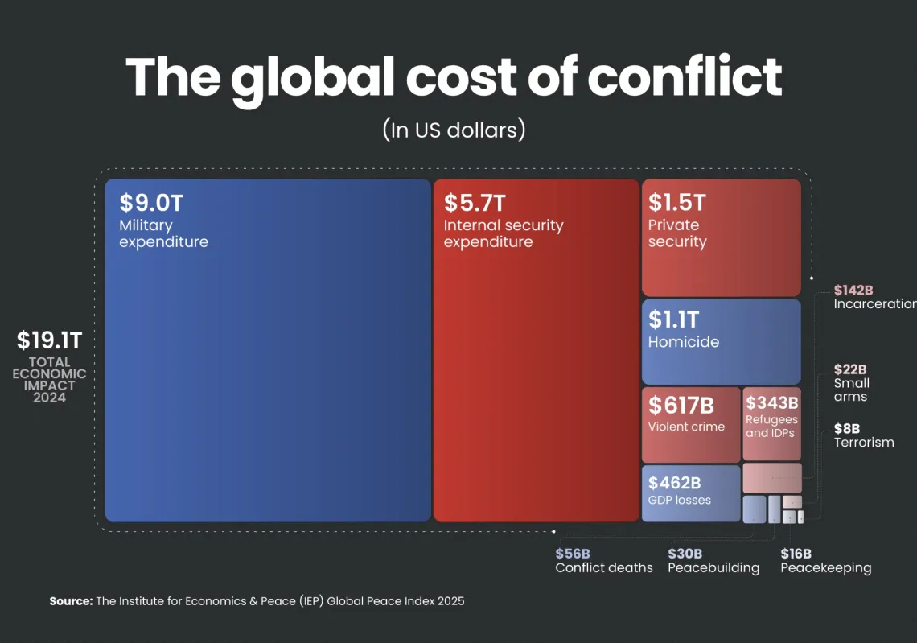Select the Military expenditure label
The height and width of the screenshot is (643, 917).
[x=163, y=233]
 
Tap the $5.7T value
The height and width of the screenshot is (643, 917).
[x=475, y=203]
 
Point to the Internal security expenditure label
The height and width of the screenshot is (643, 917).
[x=503, y=233]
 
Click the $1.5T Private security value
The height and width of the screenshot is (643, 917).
[x=677, y=202]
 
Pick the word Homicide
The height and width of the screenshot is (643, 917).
[x=684, y=342]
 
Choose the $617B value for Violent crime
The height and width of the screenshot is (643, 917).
[x=681, y=405]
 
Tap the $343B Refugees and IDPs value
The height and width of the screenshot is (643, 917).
[x=771, y=402]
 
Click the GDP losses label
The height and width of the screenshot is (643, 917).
[x=680, y=500]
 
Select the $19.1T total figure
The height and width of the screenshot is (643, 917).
[x=50, y=341]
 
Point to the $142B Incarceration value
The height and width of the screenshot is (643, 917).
[x=853, y=290]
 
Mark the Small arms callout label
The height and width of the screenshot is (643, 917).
[x=851, y=390]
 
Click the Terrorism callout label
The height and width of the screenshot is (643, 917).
[x=864, y=443]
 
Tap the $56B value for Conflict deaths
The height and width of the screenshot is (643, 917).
[x=573, y=554]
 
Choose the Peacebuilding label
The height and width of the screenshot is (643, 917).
[x=713, y=568]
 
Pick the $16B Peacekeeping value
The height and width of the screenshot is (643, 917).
[x=796, y=554]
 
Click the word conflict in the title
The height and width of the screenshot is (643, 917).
[x=684, y=77]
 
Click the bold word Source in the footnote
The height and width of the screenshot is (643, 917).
[x=71, y=601]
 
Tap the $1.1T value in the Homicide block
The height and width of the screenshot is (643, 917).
[x=673, y=319]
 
